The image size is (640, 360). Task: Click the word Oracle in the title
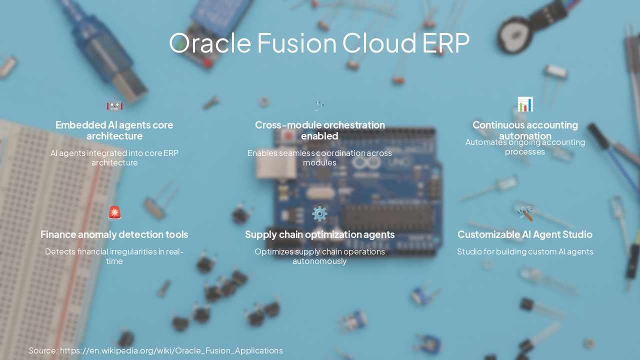pyautogui.click(x=209, y=43)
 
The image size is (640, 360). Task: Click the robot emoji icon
pyautogui.click(x=114, y=104)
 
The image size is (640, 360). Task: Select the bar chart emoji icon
pyautogui.click(x=525, y=104)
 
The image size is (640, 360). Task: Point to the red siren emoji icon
pyautogui.click(x=114, y=212)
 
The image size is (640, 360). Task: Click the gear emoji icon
pyautogui.click(x=319, y=213)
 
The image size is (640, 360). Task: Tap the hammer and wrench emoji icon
pyautogui.click(x=525, y=213)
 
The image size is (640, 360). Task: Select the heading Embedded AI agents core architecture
pyautogui.click(x=114, y=130)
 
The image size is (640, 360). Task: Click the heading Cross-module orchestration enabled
pyautogui.click(x=319, y=130)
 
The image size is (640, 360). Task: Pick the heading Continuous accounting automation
pyautogui.click(x=525, y=130)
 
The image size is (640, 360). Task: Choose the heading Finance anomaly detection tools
pyautogui.click(x=114, y=234)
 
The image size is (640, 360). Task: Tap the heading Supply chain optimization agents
pyautogui.click(x=319, y=234)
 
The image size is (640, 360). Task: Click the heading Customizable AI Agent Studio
pyautogui.click(x=525, y=234)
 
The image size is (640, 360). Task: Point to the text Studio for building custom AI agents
pyautogui.click(x=525, y=251)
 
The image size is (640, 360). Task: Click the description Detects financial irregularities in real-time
pyautogui.click(x=114, y=256)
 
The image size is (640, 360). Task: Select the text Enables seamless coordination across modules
pyautogui.click(x=319, y=157)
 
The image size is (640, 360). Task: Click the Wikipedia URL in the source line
pyautogui.click(x=171, y=350)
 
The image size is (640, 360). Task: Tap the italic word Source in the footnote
pyautogui.click(x=43, y=350)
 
